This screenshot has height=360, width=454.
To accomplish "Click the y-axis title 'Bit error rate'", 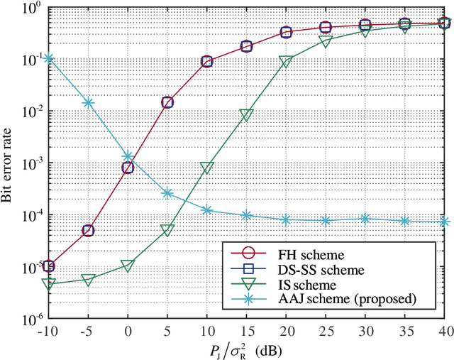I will (x=10, y=163).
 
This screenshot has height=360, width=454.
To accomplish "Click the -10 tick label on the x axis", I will (x=47, y=330).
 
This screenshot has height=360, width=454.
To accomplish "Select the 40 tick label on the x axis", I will (x=444, y=330).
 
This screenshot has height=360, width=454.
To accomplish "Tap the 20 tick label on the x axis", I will (x=286, y=330).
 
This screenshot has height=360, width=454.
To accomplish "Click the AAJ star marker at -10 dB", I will (x=48, y=58).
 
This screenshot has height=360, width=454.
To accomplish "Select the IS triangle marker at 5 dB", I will (x=167, y=231).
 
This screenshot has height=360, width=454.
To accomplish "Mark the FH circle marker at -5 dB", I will (x=88, y=230).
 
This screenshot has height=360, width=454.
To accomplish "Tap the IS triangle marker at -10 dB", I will (x=48, y=284).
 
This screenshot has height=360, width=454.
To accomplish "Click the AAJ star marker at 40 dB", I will (x=444, y=222).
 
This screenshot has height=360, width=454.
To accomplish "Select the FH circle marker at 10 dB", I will (x=206, y=62).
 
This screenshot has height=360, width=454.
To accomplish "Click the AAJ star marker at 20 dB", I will (x=286, y=220).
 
